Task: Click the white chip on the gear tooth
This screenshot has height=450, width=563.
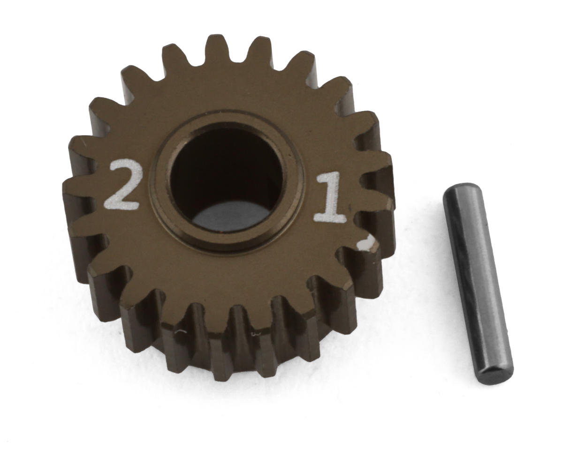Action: [x=366, y=243]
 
